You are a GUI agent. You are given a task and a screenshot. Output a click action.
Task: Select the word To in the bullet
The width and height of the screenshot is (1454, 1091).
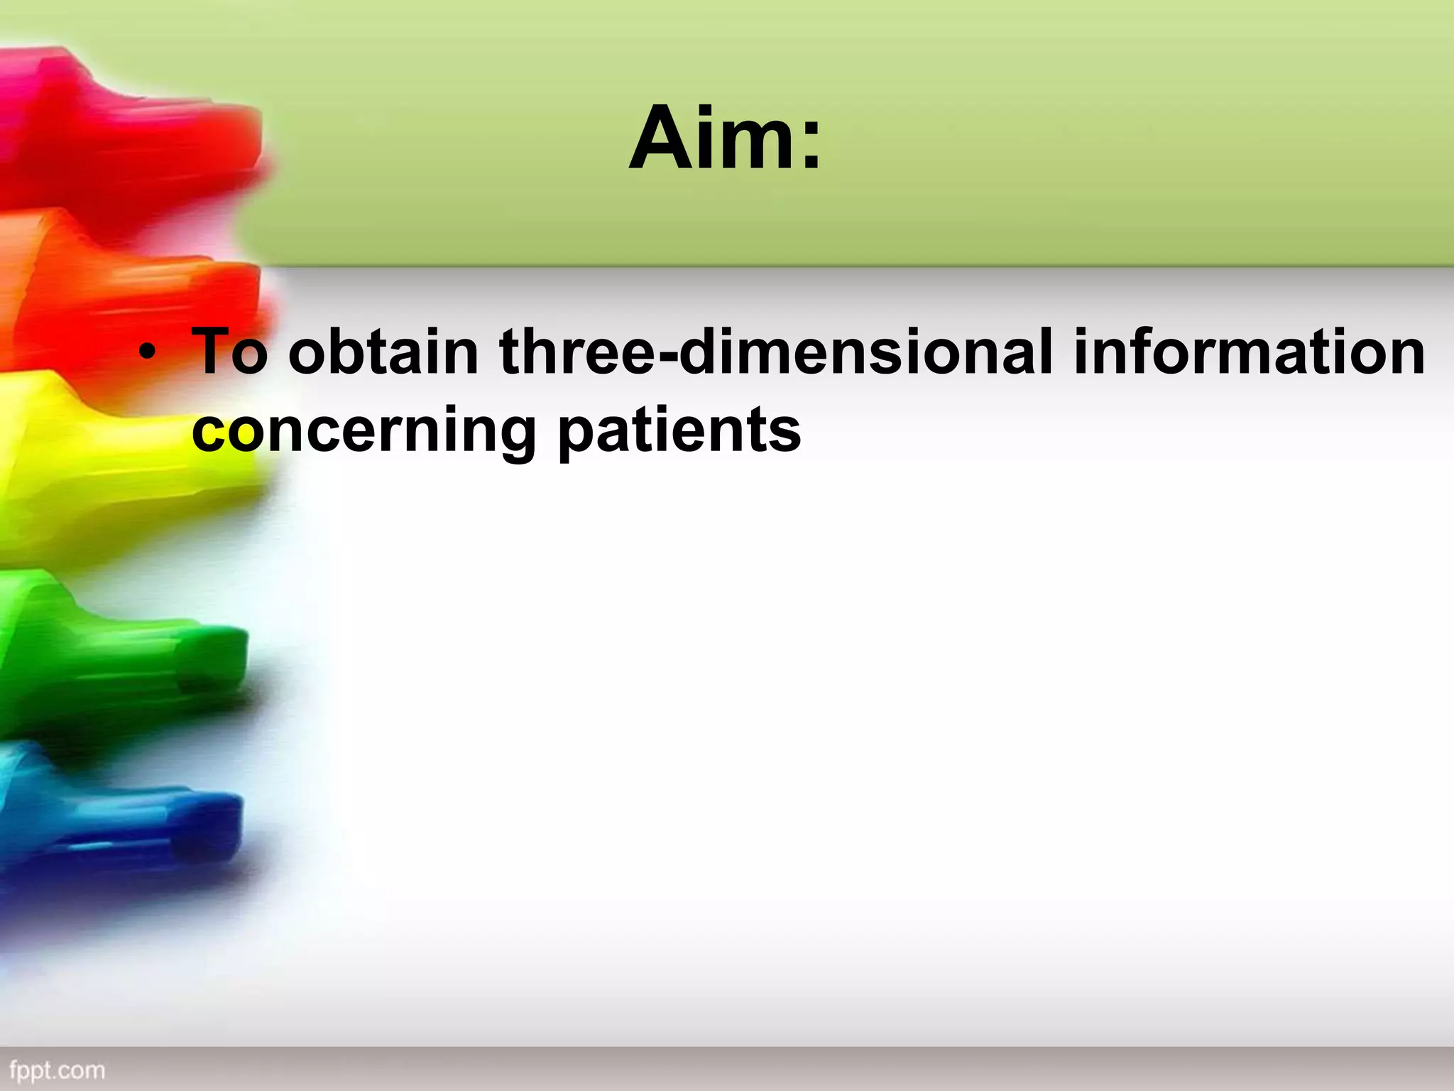[229, 351]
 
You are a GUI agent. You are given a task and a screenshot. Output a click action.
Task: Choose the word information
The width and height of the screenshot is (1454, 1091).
[1248, 351]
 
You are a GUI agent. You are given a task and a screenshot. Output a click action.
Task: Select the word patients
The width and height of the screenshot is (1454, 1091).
[680, 432]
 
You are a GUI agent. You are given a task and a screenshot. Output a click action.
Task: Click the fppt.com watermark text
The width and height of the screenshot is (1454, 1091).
[57, 1070]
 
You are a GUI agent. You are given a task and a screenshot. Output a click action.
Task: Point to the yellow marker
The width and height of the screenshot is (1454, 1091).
[106, 462]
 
